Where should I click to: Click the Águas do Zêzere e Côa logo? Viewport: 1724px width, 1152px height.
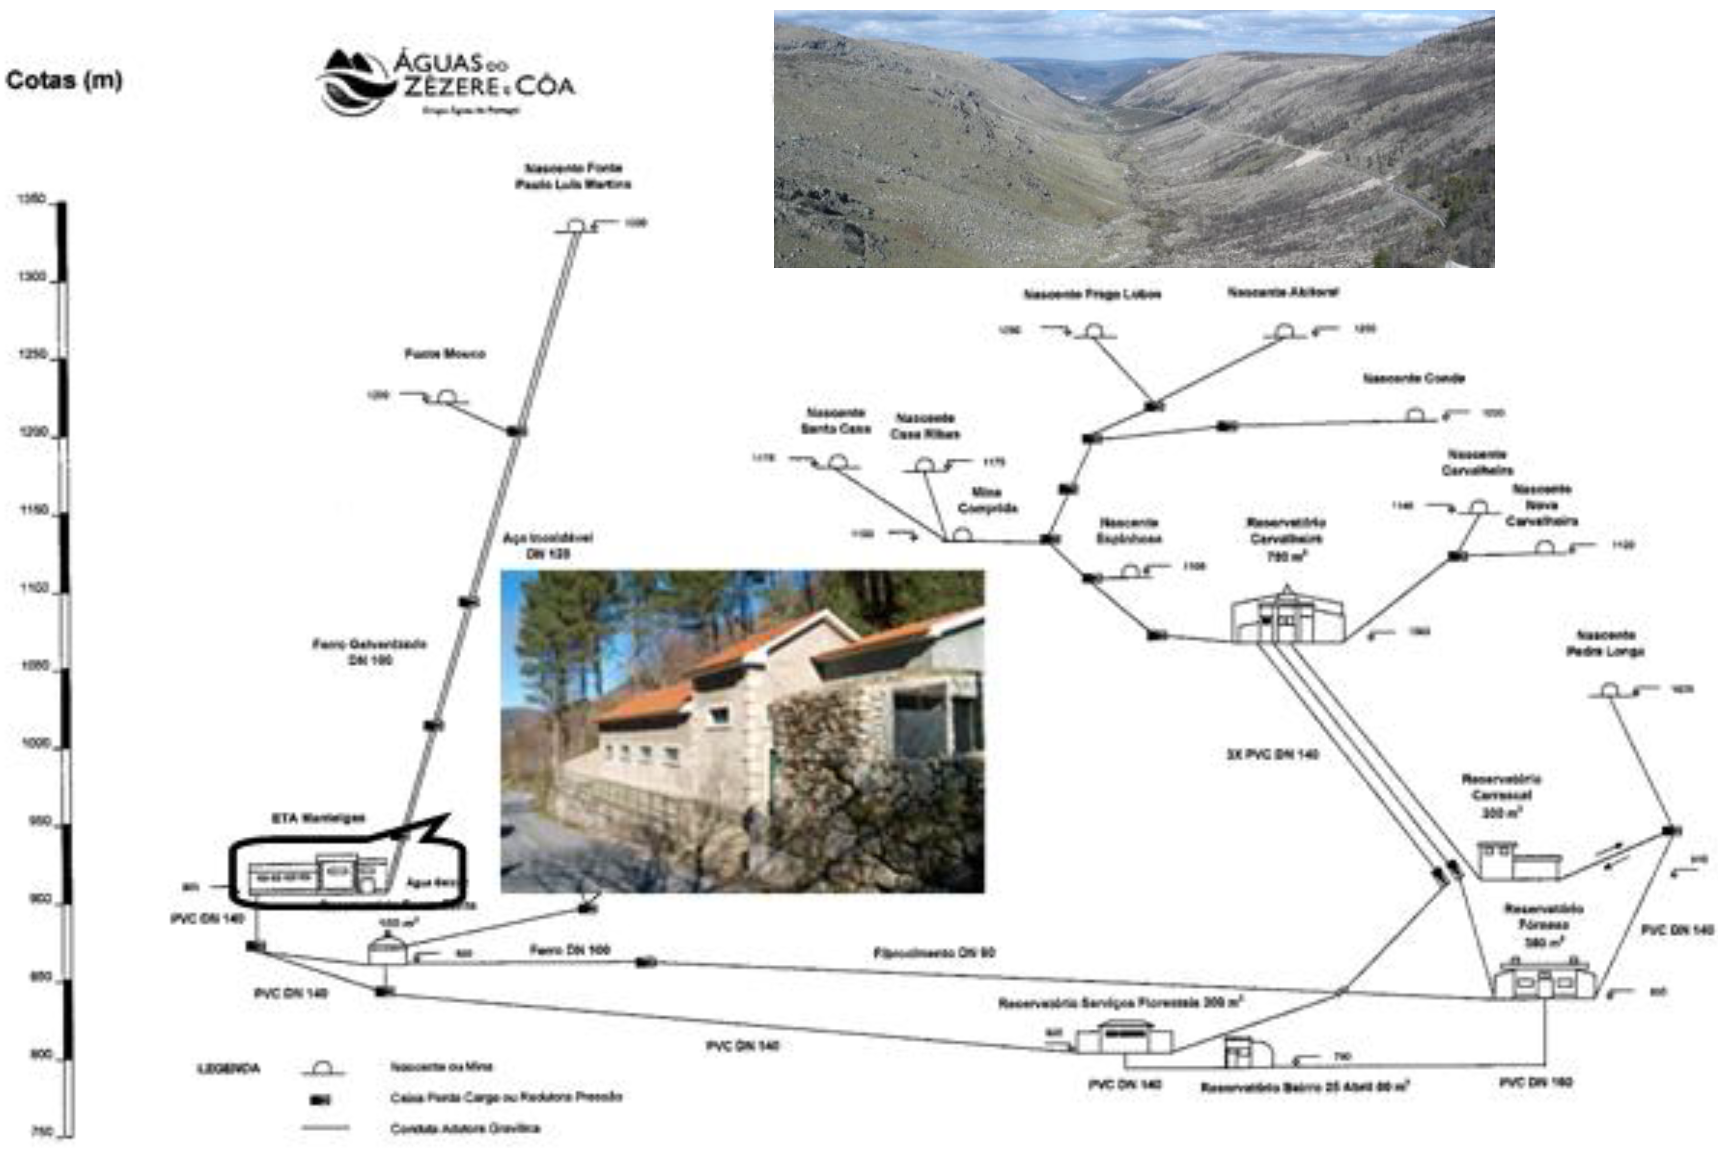[446, 82]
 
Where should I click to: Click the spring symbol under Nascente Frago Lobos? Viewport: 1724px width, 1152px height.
[1094, 331]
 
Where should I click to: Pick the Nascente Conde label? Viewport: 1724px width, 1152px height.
[1413, 378]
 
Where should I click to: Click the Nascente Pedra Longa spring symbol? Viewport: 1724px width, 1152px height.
[1609, 691]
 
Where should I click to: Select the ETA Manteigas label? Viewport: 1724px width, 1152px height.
[318, 818]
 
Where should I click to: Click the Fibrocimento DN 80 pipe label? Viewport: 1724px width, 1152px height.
[933, 953]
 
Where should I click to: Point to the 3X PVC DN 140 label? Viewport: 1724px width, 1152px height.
[1272, 754]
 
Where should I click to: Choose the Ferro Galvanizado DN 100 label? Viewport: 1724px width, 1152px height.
[369, 652]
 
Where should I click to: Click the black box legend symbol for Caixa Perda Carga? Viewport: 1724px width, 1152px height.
[320, 1100]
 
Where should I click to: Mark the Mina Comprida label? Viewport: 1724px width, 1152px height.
[987, 500]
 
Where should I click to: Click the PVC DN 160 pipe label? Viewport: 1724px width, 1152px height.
[1535, 1082]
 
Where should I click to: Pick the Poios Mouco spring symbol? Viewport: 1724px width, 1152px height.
[446, 398]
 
